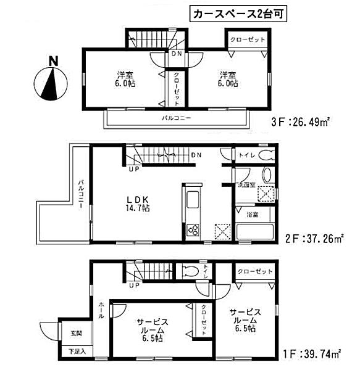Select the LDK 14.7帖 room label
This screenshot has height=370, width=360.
138,203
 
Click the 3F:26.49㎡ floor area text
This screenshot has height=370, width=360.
298,121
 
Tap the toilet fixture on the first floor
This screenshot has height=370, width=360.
189,269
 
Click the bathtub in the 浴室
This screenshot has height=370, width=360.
253,232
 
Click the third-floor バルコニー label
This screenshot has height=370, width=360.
177,117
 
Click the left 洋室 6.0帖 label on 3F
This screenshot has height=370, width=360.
123,80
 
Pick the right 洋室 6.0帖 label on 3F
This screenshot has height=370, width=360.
227,80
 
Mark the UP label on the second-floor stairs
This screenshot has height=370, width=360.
134,170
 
